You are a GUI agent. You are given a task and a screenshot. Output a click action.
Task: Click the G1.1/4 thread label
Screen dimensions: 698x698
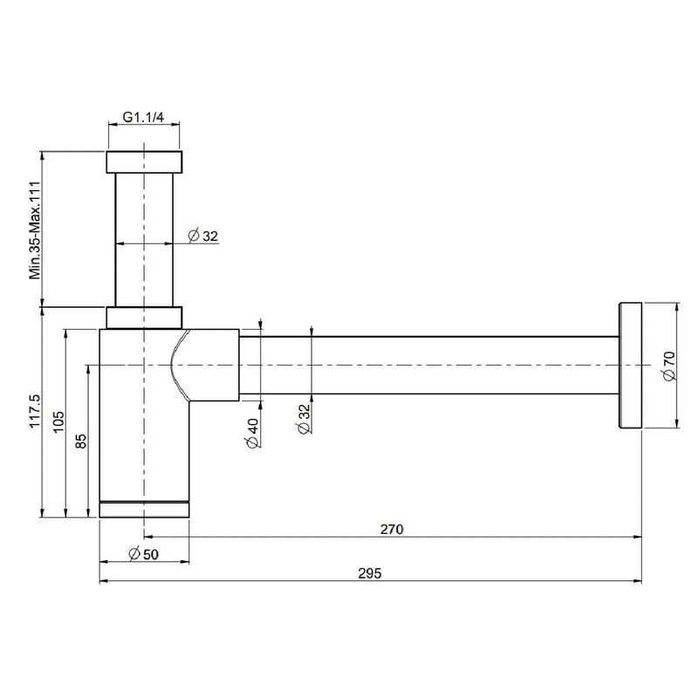[143, 117]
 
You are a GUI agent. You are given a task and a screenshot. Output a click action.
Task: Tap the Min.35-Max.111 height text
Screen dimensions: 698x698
[35, 230]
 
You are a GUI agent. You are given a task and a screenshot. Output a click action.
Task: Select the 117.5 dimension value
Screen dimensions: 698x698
[35, 411]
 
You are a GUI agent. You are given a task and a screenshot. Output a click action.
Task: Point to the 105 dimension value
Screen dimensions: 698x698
[58, 421]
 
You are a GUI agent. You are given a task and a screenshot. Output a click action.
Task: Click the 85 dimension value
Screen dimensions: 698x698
[81, 441]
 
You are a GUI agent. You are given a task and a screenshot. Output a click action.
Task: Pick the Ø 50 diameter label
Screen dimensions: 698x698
[143, 554]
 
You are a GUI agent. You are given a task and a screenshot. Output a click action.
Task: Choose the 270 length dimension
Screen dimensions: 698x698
[392, 530]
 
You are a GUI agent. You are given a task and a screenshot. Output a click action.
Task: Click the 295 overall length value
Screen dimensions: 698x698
[370, 573]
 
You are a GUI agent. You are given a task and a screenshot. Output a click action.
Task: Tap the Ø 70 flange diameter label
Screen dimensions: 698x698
[669, 366]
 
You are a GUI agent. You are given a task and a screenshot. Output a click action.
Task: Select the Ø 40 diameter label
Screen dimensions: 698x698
[252, 433]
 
